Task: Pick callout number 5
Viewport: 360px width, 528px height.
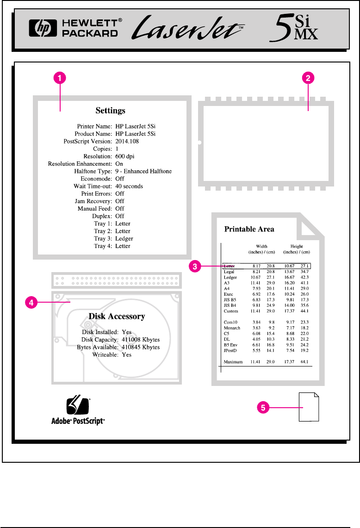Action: click(x=263, y=408)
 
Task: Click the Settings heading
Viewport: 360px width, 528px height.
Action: click(x=111, y=111)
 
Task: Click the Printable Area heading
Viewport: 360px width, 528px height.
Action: click(x=249, y=229)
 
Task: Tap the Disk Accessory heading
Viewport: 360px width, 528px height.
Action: click(x=117, y=317)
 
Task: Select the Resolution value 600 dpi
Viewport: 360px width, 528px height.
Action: click(x=125, y=156)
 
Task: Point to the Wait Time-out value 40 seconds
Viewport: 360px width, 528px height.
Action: click(x=129, y=186)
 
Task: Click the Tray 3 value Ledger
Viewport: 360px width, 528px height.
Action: click(x=124, y=238)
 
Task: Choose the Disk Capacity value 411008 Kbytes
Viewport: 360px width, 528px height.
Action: click(x=141, y=340)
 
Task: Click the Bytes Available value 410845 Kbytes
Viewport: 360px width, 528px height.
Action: click(x=141, y=347)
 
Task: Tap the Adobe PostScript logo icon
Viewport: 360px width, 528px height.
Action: click(x=77, y=406)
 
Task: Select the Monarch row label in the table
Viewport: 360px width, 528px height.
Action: click(x=231, y=328)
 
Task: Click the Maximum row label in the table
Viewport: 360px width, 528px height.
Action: click(x=233, y=361)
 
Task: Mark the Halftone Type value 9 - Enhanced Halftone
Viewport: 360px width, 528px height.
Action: click(x=143, y=171)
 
